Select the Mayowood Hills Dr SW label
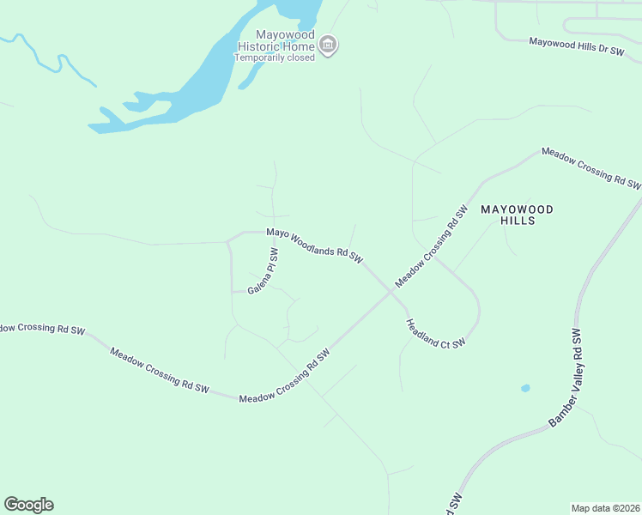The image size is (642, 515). tap(576, 45)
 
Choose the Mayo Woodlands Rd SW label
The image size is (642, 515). tap(315, 245)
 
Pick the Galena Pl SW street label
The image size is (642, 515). tap(263, 272)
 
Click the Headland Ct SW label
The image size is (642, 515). tap(435, 333)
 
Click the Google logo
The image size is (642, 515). tap(28, 505)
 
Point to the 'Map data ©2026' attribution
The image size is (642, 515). tap(606, 508)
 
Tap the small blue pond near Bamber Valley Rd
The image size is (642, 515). tap(525, 388)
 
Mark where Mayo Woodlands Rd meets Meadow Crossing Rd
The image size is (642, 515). tap(391, 291)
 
